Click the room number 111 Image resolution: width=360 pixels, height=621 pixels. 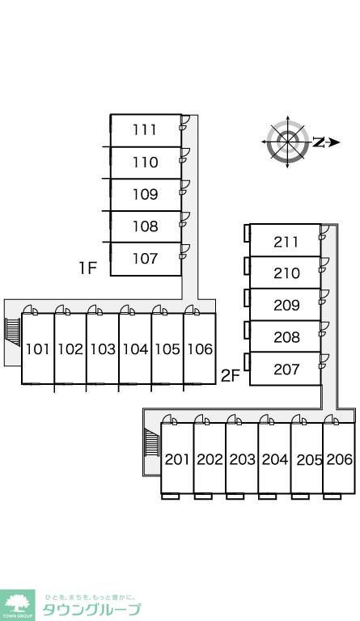pos(145,129)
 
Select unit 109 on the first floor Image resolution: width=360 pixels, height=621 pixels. pos(146,194)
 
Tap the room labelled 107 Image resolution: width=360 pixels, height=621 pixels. pos(146,258)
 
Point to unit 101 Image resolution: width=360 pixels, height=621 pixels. pos(38,349)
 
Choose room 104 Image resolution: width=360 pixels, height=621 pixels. pos(135,349)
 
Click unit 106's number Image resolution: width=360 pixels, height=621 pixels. pos(200,349)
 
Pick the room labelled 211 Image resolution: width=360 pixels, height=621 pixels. pos(286,242)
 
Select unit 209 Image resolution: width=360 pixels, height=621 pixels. pos(286,305)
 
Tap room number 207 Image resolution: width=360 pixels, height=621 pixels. pos(286,369)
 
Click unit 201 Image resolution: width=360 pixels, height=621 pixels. pos(177,459)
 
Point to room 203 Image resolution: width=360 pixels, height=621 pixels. pos(243,459)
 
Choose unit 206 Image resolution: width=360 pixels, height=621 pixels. pos(340,459)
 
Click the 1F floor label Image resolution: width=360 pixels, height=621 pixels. pos(87,268)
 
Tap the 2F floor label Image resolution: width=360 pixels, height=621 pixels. pos(231,376)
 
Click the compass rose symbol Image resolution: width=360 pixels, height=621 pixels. pos(288,142)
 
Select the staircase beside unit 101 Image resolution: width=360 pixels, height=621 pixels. pos(13,332)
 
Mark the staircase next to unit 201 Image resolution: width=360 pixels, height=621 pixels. pos(152,442)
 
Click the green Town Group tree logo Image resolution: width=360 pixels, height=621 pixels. pos(17,605)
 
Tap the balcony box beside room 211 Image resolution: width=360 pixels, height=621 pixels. pos(247,233)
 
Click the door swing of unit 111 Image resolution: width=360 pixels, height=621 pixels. pos(185,120)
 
